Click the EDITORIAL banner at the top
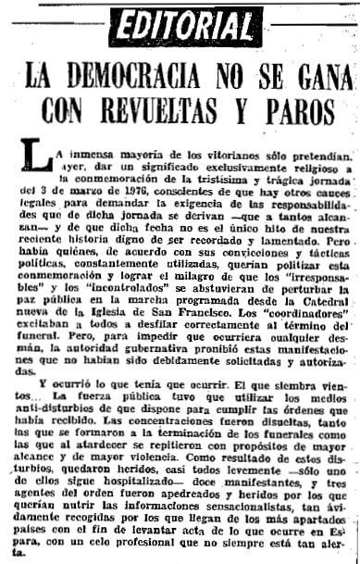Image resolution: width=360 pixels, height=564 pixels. (180, 21)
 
